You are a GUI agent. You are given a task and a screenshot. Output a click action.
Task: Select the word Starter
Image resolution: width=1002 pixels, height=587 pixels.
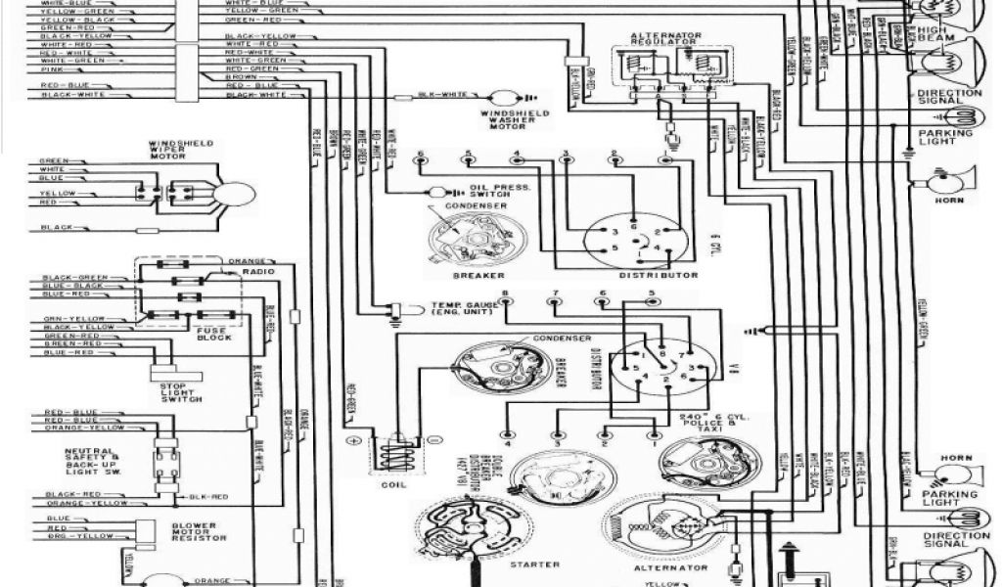(x=534, y=564)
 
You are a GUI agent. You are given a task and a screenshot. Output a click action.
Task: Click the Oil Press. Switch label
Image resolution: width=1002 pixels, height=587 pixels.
(x=499, y=191)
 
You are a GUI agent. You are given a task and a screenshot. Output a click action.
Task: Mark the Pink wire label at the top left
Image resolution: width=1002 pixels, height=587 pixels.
(x=48, y=70)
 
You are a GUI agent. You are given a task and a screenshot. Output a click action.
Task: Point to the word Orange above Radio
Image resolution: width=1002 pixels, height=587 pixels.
(x=244, y=261)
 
